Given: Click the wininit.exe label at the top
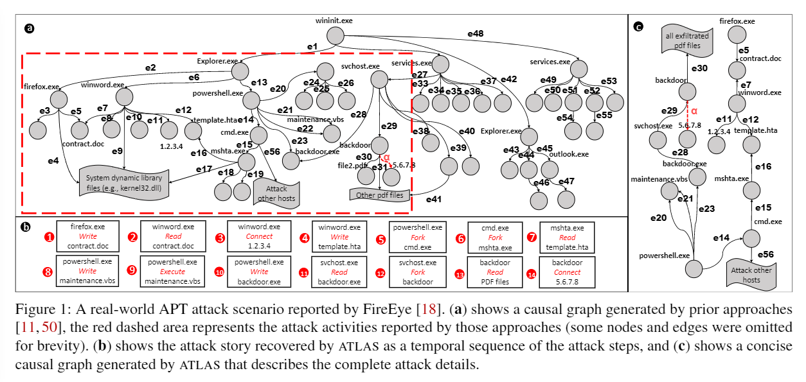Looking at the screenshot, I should tap(334, 21).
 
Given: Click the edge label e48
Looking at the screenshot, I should tap(475, 33).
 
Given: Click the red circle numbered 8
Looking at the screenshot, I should tap(47, 272).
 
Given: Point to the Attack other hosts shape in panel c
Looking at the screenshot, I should tap(750, 274).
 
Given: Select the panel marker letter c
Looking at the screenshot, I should tap(638, 26).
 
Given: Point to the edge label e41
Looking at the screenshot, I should tap(434, 200).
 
